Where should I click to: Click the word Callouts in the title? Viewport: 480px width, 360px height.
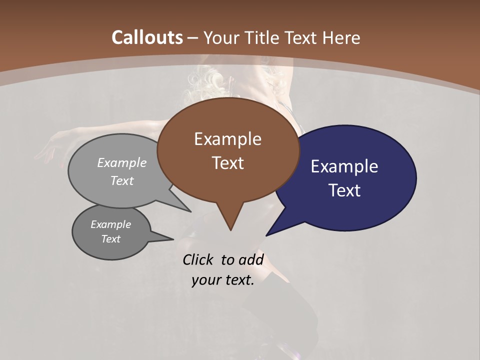147,37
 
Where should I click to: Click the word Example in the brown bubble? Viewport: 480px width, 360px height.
227,139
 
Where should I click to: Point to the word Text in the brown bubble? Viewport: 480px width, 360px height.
227,163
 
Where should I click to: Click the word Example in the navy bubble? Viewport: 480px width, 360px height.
344,166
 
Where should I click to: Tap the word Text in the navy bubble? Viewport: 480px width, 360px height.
344,190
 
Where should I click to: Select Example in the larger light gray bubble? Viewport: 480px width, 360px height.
122,162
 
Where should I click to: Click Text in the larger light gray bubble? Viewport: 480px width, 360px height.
122,180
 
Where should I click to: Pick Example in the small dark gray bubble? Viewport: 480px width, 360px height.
110,224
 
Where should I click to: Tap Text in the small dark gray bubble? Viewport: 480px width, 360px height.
110,239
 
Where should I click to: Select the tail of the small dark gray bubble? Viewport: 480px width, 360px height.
165,237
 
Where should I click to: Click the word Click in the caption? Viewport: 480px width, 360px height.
199,259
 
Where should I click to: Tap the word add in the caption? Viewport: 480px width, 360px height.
251,259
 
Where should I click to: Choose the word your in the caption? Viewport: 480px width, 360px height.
205,280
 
